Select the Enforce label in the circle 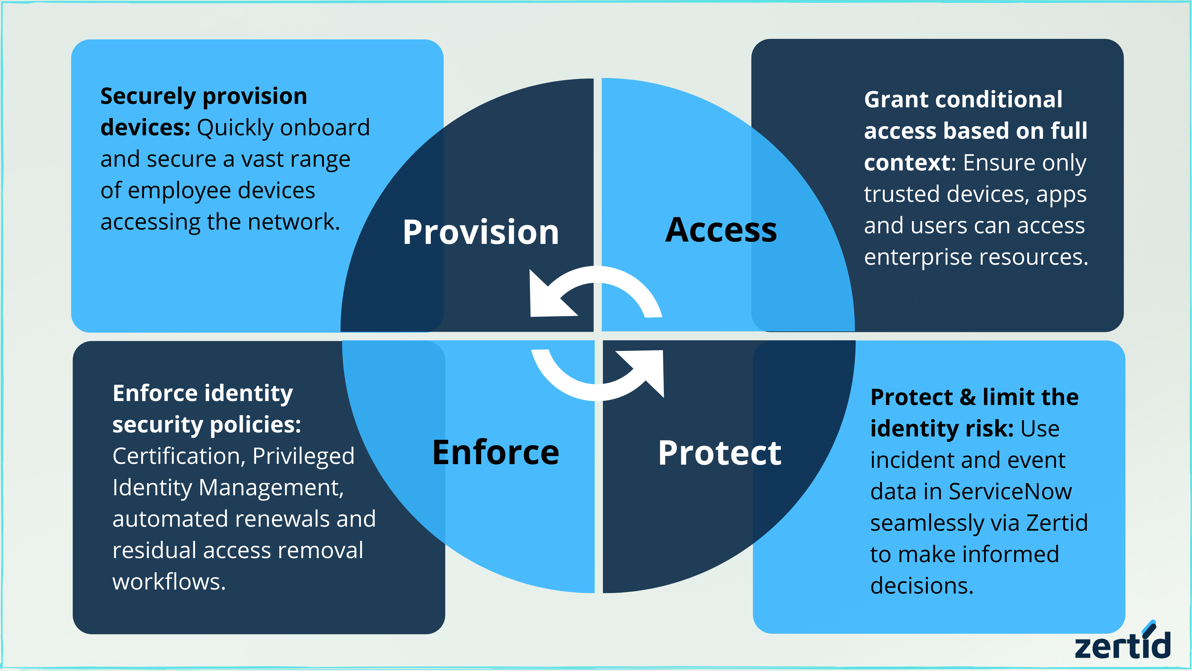[x=496, y=452]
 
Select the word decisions [x=922, y=586]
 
